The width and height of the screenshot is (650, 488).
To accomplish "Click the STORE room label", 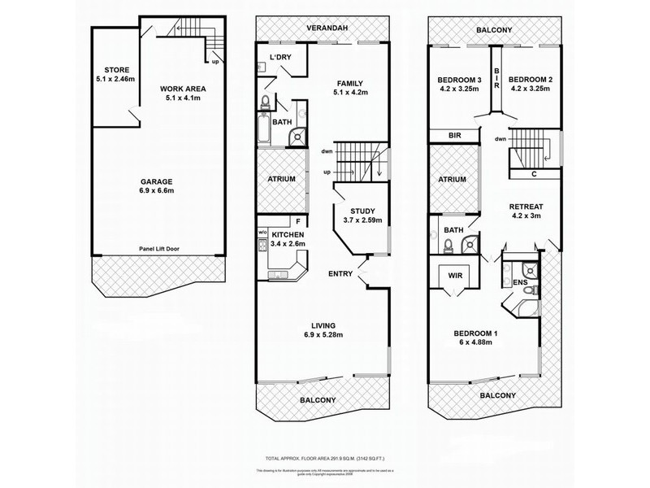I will click(111, 70).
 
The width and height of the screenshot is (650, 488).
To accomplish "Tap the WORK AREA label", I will click(181, 89).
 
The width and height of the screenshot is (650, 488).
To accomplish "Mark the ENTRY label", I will click(340, 274).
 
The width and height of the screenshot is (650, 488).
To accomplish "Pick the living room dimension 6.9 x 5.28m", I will click(320, 334).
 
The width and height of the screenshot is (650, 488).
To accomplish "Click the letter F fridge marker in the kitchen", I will click(298, 220).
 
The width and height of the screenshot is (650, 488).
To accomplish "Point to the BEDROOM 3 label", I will click(460, 79).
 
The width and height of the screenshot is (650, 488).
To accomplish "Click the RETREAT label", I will click(526, 207).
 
